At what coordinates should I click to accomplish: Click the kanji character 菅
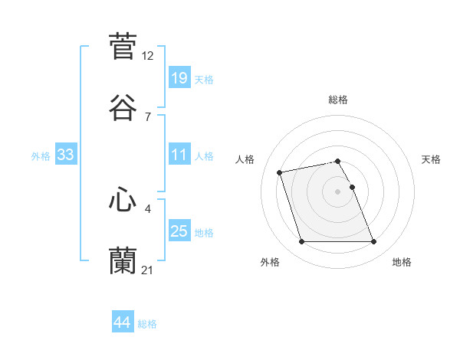pos(123,46)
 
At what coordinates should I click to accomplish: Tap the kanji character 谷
pos(123,108)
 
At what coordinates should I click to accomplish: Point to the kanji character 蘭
pos(123,261)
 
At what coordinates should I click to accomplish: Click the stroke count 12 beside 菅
pos(148,55)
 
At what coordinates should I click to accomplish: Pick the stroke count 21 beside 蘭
pos(148,270)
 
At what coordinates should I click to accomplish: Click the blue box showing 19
pos(179,77)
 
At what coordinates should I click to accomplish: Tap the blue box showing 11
pos(179,154)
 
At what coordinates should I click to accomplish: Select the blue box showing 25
pos(179,231)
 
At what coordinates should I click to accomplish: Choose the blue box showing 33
pos(65,155)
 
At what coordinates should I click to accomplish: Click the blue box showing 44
pos(122,322)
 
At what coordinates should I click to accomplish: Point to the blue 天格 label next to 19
pos(203,80)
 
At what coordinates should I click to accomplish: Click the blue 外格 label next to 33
pos(41,156)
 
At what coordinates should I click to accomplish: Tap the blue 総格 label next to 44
pos(147,324)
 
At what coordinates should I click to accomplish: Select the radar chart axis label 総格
pos(338,100)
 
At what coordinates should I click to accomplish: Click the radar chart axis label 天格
pos(432,159)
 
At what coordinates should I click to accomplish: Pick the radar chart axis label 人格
pos(246,159)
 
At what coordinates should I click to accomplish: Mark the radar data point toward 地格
pos(373,242)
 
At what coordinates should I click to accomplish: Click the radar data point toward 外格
pos(301,242)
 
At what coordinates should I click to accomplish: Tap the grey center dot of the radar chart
pos(337,191)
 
